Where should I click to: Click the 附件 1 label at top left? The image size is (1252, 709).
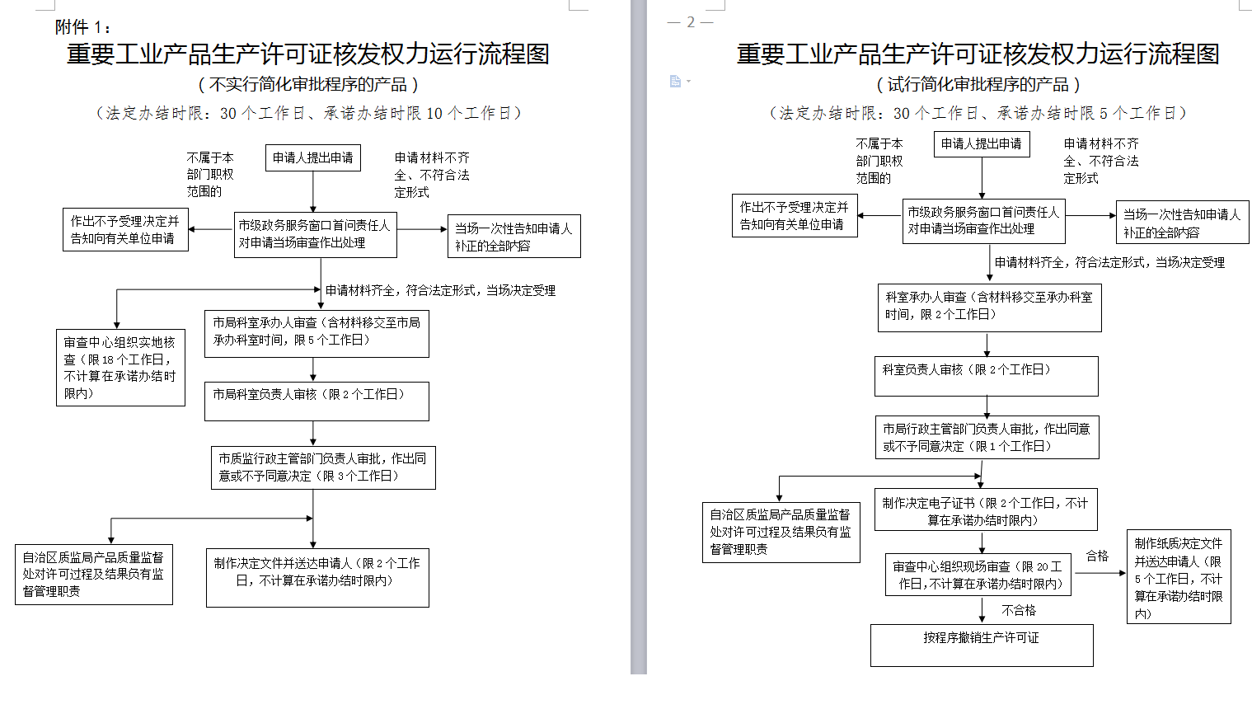coord(82,27)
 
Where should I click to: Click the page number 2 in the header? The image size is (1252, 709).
coord(691,22)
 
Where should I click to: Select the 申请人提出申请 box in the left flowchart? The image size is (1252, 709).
coord(312,157)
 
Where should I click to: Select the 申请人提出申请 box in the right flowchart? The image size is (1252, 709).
coord(982,143)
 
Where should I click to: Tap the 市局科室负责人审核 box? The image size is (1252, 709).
coord(317,401)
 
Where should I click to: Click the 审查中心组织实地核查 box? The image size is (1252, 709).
coord(120,368)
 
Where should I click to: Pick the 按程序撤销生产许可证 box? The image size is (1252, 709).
coord(982,645)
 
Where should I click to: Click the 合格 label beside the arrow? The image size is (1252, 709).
coord(1097,556)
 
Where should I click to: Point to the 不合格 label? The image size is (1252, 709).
coord(1019,610)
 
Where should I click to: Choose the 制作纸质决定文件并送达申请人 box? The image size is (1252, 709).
coord(1179,577)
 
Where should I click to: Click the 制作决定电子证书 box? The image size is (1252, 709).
coord(985,511)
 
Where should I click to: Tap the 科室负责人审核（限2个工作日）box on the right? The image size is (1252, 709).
coord(986,376)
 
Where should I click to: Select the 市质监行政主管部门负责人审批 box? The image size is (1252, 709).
coord(322,467)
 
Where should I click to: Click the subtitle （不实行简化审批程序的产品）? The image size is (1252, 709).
coord(308,84)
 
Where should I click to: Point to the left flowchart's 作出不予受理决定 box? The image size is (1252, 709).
coord(125,229)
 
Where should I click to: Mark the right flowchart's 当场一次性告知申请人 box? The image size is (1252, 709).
coord(1182,223)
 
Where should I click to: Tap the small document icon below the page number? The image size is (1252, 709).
coord(676,81)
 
